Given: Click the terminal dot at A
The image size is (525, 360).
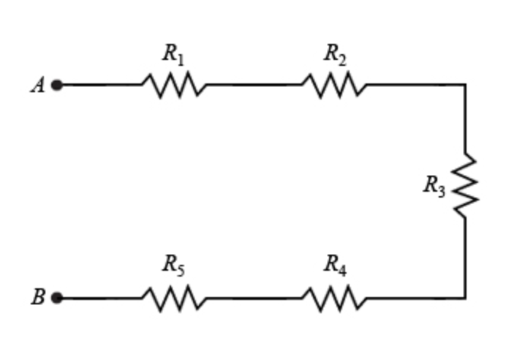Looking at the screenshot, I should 57,85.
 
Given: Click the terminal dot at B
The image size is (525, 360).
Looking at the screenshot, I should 57,298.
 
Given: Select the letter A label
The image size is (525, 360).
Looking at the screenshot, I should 37,86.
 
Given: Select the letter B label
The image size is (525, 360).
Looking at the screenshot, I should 38,298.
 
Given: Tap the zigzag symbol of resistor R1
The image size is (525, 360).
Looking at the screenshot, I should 174,85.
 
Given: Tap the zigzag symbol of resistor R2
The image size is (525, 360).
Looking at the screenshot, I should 335,85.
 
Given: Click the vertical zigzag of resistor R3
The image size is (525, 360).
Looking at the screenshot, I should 465,186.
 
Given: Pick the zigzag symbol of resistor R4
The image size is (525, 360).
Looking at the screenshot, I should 335,298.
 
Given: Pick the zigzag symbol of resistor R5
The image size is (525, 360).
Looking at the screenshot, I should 174,298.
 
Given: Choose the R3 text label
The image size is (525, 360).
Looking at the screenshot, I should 434,187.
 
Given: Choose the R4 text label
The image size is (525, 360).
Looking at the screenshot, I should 335,266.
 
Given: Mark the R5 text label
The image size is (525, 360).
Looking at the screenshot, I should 173,266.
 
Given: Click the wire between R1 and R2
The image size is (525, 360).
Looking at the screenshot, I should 254,85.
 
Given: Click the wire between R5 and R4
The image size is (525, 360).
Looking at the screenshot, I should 254,298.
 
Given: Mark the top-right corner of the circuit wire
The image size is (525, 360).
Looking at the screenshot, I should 465,85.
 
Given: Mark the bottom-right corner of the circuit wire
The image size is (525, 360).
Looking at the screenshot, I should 465,298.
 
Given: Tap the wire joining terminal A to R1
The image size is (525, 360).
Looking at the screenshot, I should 101,85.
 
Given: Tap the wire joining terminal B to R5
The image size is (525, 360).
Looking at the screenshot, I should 101,298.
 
